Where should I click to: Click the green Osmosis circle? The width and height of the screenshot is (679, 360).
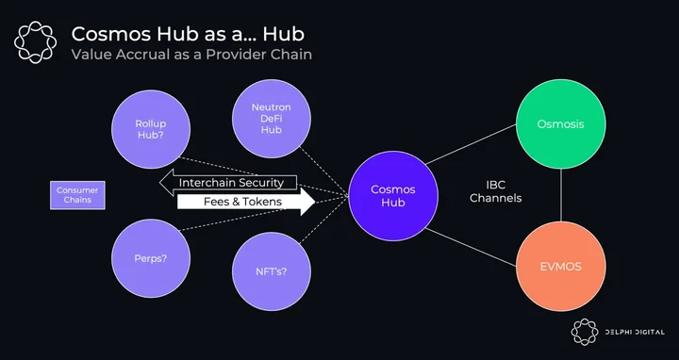[561, 123]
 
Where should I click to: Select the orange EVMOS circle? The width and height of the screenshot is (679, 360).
[561, 266]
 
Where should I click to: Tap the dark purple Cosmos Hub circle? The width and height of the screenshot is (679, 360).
[393, 196]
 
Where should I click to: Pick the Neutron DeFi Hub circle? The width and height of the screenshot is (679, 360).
[271, 118]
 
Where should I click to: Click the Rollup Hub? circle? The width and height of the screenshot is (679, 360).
[151, 129]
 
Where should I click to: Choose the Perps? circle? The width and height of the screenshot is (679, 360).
[151, 258]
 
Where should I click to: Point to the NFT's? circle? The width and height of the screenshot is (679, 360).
[271, 271]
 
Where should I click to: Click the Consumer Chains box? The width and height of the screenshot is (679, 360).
[77, 195]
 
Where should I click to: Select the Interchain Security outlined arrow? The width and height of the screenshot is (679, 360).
[228, 182]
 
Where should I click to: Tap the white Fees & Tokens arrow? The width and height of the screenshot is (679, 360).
[246, 202]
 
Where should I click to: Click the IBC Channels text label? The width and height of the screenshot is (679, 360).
[495, 191]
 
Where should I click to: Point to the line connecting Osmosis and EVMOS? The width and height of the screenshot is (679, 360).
[561, 195]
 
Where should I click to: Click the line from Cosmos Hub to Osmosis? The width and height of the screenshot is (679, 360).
[471, 144]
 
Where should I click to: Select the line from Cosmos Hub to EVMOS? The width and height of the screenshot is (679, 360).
[471, 247]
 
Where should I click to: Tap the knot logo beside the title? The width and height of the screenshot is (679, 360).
[35, 42]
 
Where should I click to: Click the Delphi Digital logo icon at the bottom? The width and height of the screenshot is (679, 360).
[585, 332]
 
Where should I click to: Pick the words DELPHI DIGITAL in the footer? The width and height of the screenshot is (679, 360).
[635, 333]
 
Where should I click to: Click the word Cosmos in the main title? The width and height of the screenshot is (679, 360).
[111, 34]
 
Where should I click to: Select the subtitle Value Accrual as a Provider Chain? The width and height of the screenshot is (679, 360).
[191, 55]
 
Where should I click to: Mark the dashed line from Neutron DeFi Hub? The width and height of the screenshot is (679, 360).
[323, 172]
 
